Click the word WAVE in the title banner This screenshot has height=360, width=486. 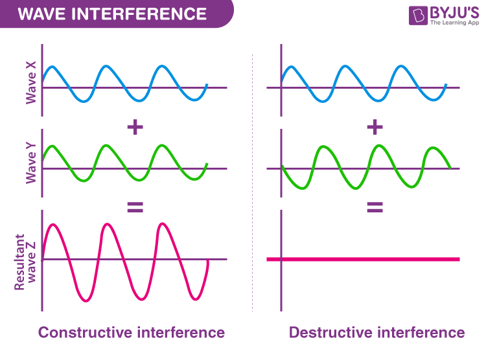click(41, 14)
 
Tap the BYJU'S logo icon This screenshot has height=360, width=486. click(418, 15)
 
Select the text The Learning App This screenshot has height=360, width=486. click(454, 23)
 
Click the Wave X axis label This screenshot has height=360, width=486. click(31, 82)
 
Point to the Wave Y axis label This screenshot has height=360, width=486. click(31, 163)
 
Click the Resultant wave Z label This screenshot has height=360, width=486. click(25, 262)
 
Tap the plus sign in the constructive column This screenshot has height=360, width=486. click(135, 127)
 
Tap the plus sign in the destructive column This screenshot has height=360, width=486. click(375, 127)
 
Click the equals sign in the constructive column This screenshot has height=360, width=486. click(135, 207)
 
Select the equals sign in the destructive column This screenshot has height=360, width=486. click(375, 207)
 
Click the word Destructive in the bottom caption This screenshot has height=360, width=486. click(330, 332)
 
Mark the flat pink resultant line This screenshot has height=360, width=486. click(363, 259)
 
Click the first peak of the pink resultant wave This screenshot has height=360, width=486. click(54, 224)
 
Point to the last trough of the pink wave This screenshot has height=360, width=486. click(196, 299)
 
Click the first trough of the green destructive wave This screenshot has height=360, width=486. click(302, 187)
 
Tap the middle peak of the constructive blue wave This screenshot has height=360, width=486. click(106, 66)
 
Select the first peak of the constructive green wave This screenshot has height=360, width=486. click(52, 146)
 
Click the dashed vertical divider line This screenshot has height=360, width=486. click(252, 183)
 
